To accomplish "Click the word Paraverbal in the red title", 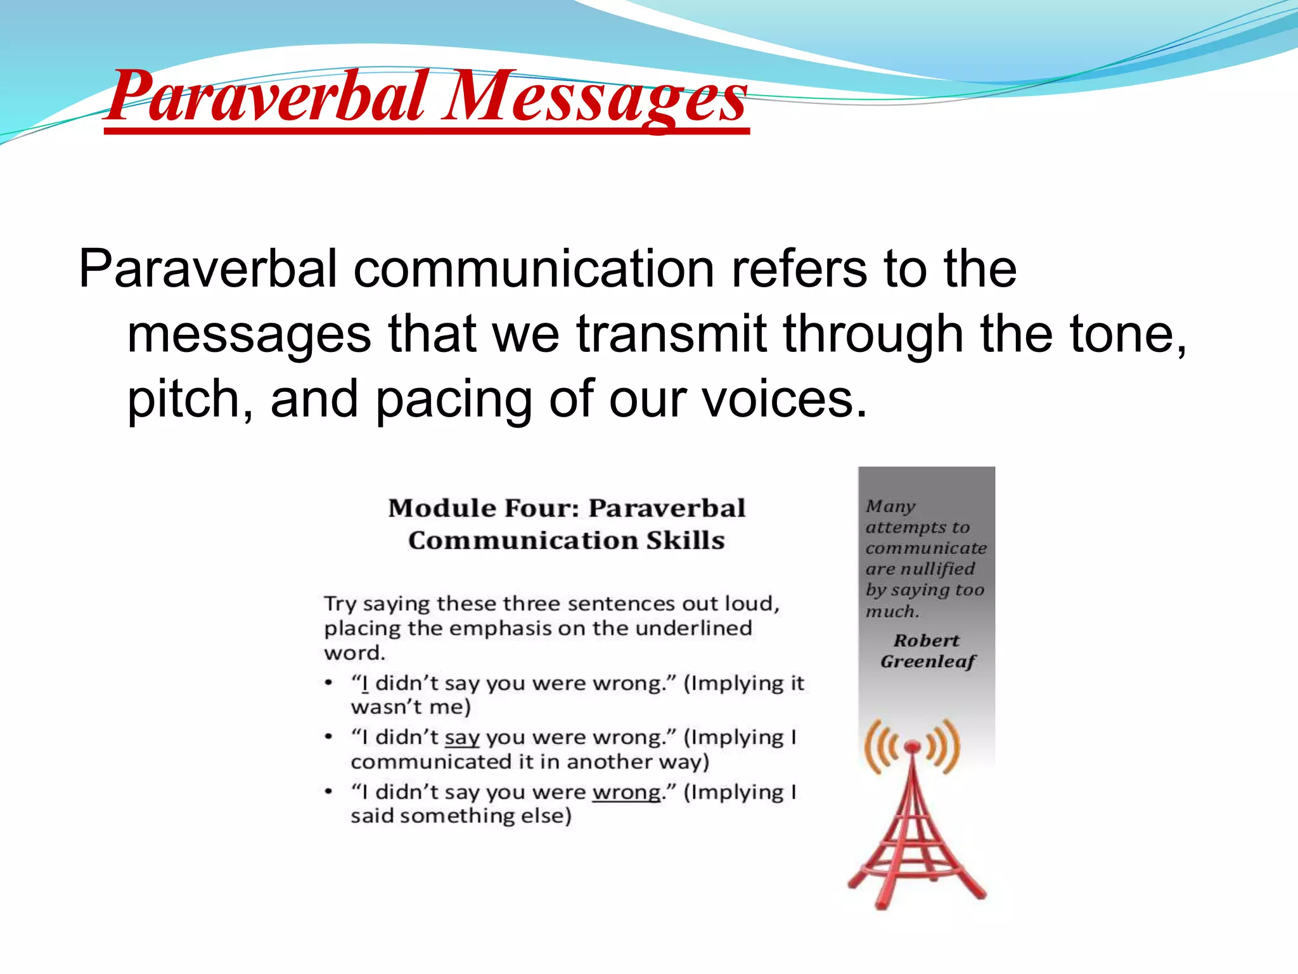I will click(266, 96).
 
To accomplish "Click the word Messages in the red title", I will click(594, 96).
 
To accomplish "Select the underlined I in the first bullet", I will click(364, 684).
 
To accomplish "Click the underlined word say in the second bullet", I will click(462, 737).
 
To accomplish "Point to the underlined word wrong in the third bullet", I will click(626, 793).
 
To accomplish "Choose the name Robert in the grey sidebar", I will click(926, 640).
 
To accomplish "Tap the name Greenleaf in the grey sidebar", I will click(927, 661).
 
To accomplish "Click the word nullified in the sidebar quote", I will click(938, 569).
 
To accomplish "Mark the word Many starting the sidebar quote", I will click(890, 506).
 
